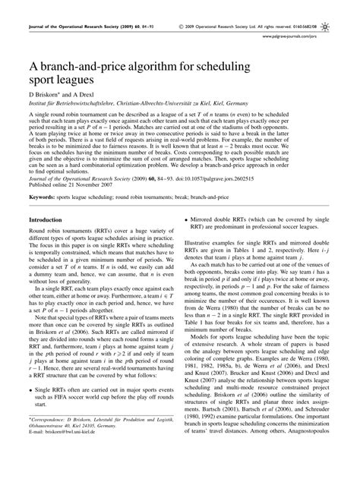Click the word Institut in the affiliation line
[x=37, y=108]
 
